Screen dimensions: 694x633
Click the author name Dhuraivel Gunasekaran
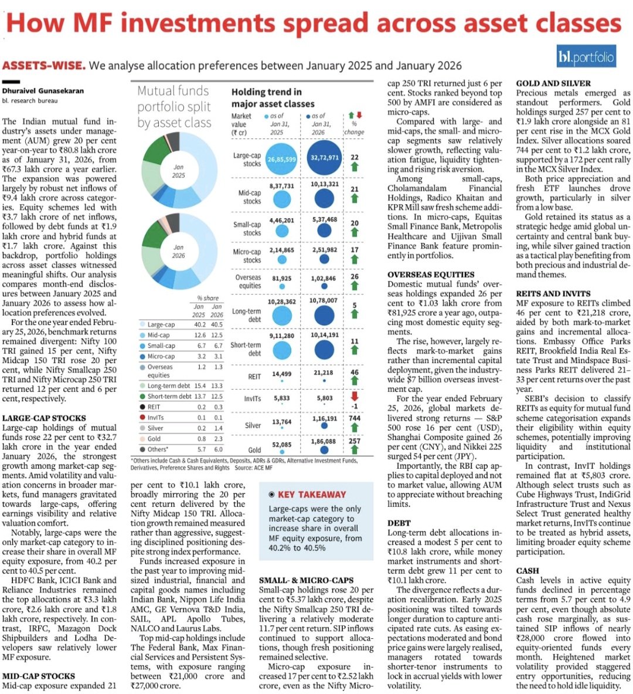click(43, 91)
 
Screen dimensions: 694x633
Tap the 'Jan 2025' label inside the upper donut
click(179, 171)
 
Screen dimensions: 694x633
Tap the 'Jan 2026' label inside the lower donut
click(179, 251)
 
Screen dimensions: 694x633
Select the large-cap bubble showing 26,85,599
click(282, 159)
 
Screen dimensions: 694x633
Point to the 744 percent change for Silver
click(354, 419)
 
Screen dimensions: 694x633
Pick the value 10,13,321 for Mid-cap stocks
click(324, 184)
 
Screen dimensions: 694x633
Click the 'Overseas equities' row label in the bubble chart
click(248, 282)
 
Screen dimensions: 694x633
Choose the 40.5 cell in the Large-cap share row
click(217, 324)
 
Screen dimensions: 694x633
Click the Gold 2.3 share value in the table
click(217, 438)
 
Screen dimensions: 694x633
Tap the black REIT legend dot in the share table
click(142, 407)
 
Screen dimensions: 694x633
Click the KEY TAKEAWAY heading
click(311, 495)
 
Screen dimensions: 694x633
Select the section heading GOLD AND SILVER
click(553, 83)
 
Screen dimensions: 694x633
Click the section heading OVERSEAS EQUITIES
click(431, 274)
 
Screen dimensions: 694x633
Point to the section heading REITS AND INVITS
click(554, 293)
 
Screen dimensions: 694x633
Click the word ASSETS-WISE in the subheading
click(44, 65)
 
